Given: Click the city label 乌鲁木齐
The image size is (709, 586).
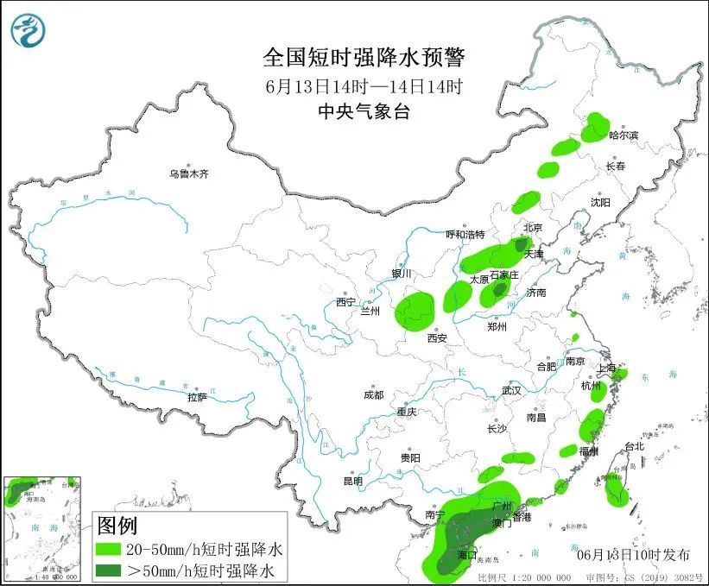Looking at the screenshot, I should pos(188,173).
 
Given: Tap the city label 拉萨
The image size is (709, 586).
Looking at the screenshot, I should pos(197,397).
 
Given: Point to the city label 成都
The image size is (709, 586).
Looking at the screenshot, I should pos(373,394).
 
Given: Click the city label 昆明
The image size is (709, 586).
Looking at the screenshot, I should pos(353,480).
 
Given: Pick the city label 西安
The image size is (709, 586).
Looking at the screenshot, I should pos(436,338).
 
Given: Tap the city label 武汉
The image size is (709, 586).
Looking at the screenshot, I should pos(511,390).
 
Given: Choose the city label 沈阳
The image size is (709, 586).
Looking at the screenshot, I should pos(600,202).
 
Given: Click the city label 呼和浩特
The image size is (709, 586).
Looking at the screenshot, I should pos(465,235).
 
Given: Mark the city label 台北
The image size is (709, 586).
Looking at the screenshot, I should pos(634,446).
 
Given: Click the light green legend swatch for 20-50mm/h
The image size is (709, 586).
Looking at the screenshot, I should pos(108,549).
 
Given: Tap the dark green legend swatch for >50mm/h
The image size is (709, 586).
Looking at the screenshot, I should pos(108,570).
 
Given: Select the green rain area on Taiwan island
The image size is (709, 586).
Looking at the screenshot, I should pos(615,489).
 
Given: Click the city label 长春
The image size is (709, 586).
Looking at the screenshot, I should pos(615,166).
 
